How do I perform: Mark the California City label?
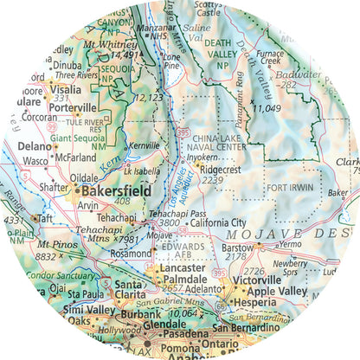218,222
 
